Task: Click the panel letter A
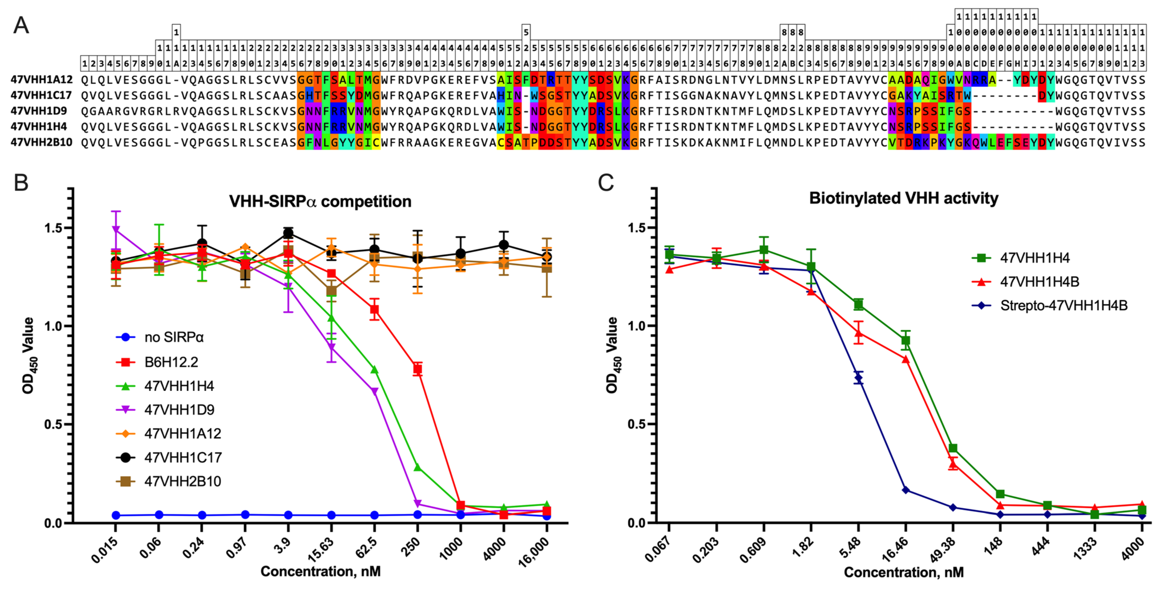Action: tap(21, 25)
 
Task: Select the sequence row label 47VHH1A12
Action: tap(42, 80)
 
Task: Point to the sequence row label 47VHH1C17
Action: tap(42, 95)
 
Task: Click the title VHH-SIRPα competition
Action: tap(320, 201)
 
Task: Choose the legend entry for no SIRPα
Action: tap(173, 337)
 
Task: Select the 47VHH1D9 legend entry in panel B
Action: tap(179, 410)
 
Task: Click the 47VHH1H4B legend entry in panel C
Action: tap(1039, 282)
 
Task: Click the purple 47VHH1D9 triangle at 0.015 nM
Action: tap(116, 230)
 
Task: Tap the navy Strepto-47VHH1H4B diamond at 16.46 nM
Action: tap(905, 490)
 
